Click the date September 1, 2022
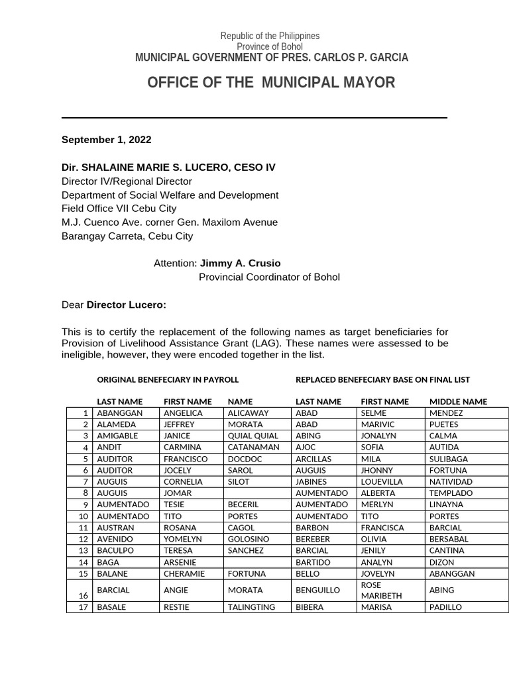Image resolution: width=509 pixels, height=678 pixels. [x=106, y=140]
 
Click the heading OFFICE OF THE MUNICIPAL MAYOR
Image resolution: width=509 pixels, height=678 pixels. [x=270, y=83]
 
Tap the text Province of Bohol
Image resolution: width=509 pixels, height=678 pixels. [x=270, y=46]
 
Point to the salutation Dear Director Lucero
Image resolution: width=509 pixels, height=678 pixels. [x=114, y=305]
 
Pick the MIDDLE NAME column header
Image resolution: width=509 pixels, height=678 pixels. [x=458, y=401]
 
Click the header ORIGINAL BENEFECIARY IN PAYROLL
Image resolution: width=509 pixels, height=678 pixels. [x=168, y=379]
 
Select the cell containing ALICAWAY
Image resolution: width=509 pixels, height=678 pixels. [x=248, y=413]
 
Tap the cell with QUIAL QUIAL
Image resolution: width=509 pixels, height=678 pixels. [x=253, y=436]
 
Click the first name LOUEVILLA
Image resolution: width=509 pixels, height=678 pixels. [x=382, y=482]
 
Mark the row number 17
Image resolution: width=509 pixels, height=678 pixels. [x=84, y=607]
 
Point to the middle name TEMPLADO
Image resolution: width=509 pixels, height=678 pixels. [x=451, y=493]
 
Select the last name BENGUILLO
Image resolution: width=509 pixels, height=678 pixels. [x=317, y=590]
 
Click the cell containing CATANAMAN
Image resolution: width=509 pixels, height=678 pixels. [x=253, y=448]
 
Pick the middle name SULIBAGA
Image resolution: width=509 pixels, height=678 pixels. [x=449, y=459]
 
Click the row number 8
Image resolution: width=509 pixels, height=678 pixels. [x=85, y=493]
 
